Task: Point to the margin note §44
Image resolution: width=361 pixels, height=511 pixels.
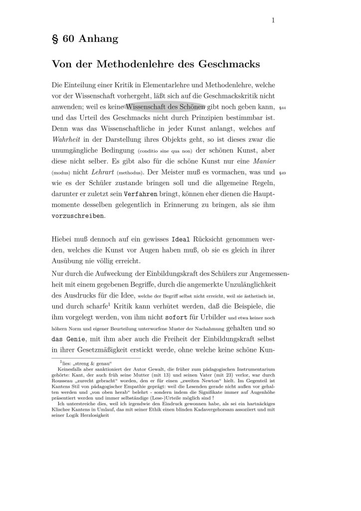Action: tap(282, 107)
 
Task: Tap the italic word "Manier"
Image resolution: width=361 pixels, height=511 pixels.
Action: tap(265, 161)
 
